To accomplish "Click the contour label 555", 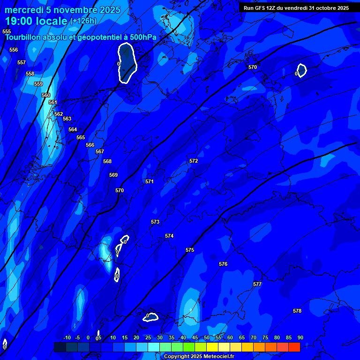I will tap(7, 31).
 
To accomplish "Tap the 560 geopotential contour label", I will tap(46, 95).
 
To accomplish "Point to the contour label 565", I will tap(81, 137).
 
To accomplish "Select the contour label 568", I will tap(107, 161).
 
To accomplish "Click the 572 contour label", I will tap(194, 161).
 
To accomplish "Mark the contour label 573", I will tap(155, 222).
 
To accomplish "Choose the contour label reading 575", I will tap(190, 250).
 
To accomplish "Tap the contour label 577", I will tap(257, 284).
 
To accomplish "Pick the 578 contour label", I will tap(297, 311).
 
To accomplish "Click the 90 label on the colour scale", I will tap(300, 337).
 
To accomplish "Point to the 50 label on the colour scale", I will tap(207, 337).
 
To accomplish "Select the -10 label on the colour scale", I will tap(67, 337).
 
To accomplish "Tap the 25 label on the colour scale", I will tap(148, 337).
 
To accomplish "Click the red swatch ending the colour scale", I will tap(294, 347).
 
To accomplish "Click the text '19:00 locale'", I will tap(37, 21).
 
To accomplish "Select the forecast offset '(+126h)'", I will tap(83, 21).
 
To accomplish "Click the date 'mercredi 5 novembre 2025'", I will tap(62, 10).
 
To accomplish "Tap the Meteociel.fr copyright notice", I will tap(198, 357).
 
